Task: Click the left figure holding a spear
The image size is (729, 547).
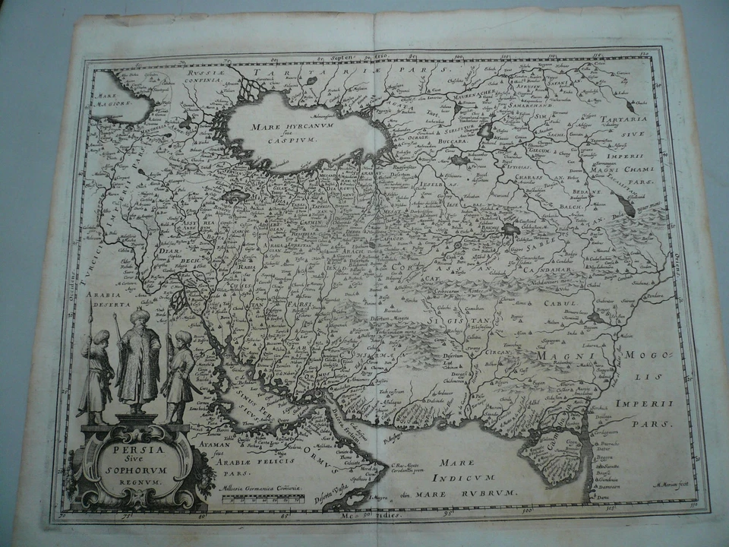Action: coord(96,376)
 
